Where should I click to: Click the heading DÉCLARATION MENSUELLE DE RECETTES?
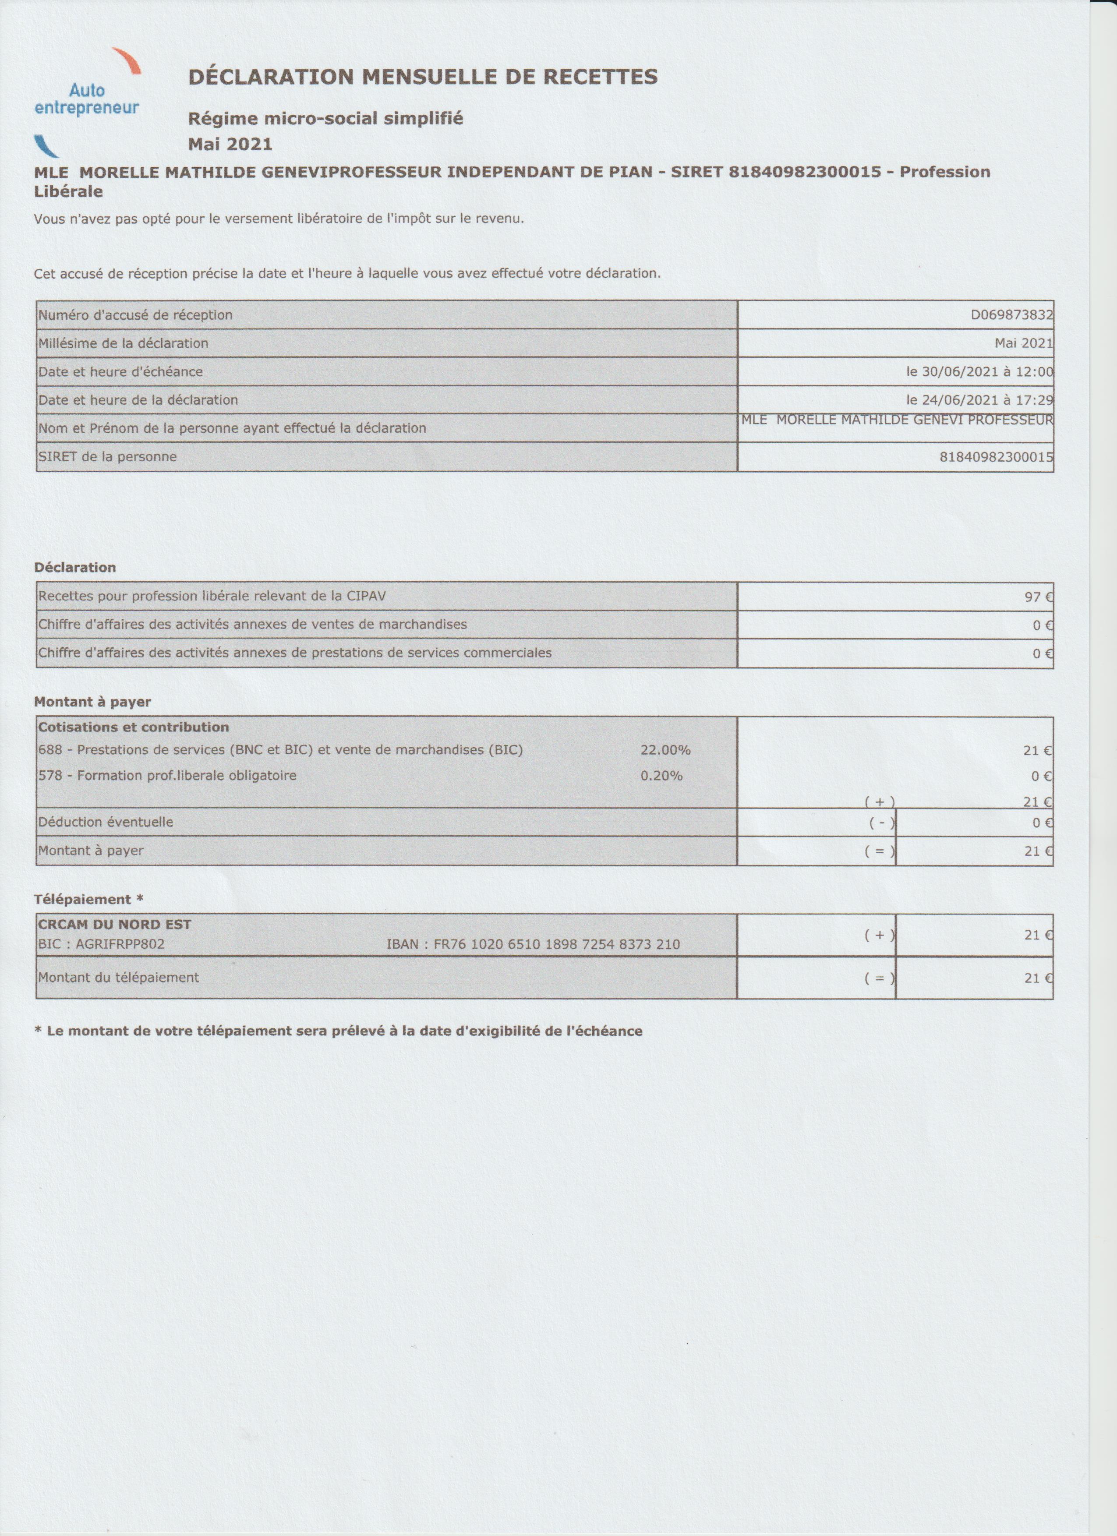click(423, 77)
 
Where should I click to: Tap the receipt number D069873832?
click(1011, 315)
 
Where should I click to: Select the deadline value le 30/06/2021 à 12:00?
click(979, 372)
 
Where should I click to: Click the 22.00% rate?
click(665, 750)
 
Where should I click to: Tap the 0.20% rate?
click(661, 776)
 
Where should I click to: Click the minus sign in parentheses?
click(879, 823)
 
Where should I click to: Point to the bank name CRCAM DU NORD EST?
click(114, 925)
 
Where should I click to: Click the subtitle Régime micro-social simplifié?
click(325, 119)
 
